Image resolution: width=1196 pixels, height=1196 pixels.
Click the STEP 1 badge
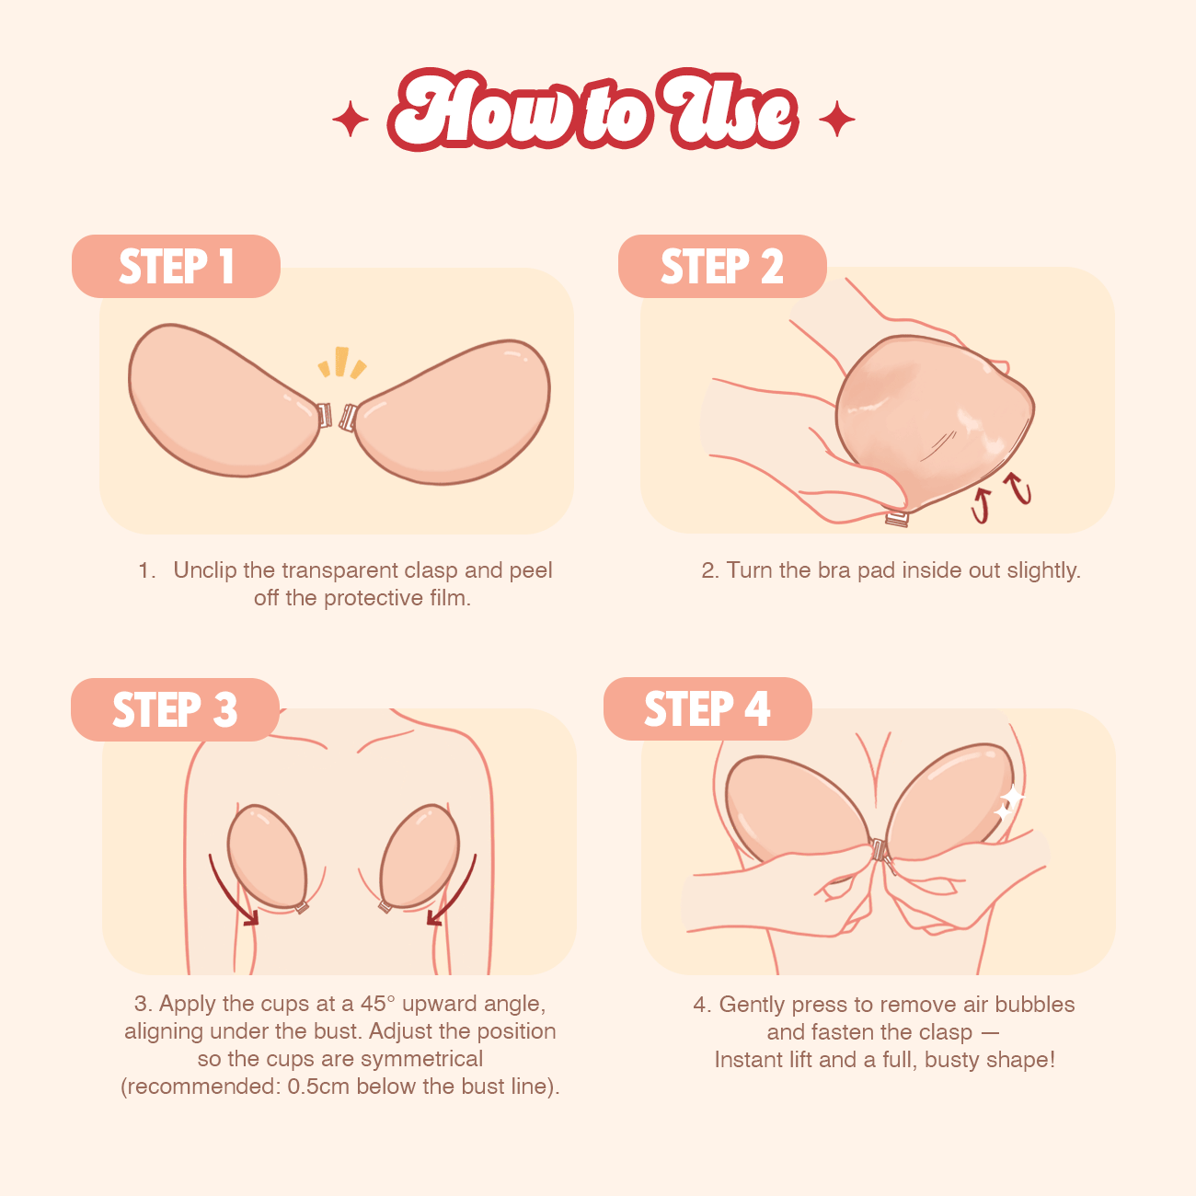click(x=176, y=266)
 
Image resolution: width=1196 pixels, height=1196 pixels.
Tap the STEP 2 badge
click(x=722, y=266)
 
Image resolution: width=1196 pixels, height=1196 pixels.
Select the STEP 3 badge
click(x=175, y=709)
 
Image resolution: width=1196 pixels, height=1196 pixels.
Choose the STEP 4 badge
click(x=707, y=708)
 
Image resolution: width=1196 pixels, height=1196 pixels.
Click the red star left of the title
click(x=351, y=119)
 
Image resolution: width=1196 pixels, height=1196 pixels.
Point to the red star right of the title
click(x=836, y=119)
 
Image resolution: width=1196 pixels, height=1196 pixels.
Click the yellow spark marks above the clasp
click(x=342, y=362)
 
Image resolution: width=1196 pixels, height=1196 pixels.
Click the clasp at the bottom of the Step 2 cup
click(x=898, y=519)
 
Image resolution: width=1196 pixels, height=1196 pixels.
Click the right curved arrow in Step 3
click(x=453, y=891)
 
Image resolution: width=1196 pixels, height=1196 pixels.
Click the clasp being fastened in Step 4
click(x=880, y=851)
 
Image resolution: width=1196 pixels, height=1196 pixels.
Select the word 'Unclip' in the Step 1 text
click(x=205, y=570)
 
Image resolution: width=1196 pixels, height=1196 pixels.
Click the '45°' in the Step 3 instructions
click(x=377, y=1004)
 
